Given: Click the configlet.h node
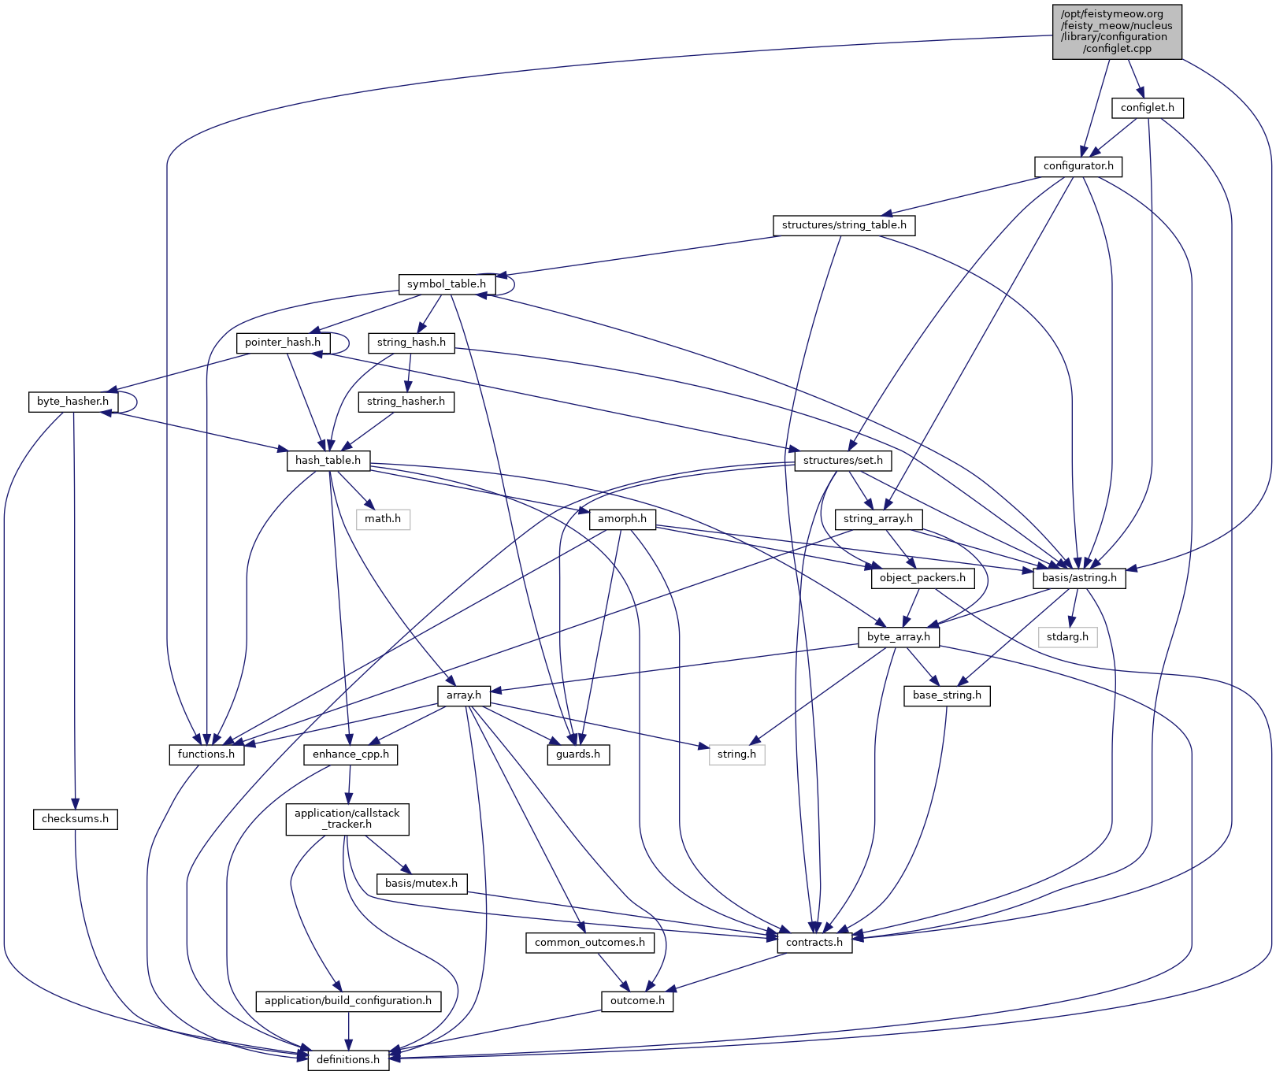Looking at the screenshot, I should [1147, 108].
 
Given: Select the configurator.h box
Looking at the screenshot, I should [1078, 166].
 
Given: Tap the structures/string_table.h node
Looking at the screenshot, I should [844, 225].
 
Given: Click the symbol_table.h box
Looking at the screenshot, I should [447, 284].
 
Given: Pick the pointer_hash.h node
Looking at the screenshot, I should [283, 343].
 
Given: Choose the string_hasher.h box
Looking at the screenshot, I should [406, 402].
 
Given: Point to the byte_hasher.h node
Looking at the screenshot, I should [73, 402].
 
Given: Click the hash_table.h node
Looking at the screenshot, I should [328, 460].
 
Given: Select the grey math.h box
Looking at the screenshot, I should [383, 519].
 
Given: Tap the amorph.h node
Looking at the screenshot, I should [621, 519].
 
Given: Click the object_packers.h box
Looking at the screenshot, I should [922, 578].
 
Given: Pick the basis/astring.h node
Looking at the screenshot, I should [1079, 578].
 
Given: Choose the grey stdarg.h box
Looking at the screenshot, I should [1067, 636].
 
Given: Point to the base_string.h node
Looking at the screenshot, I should [947, 695].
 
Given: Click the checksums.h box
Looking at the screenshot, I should [76, 819].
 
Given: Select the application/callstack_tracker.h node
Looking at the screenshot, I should [347, 819].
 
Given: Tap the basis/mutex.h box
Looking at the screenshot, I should [421, 884].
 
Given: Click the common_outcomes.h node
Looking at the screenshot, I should [590, 943].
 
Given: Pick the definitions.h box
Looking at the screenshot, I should [348, 1060].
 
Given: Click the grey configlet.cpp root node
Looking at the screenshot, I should [1117, 32].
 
